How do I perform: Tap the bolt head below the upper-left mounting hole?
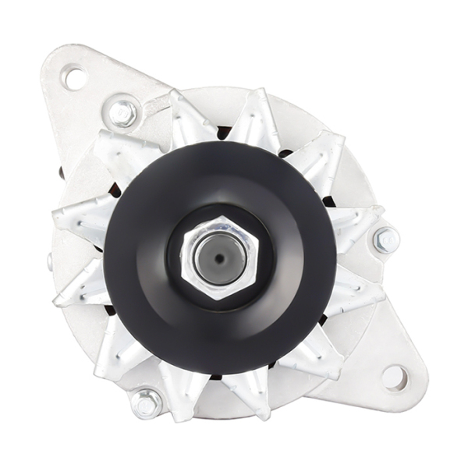122,112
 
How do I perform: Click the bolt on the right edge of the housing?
385,240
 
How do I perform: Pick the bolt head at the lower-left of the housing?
146,402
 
